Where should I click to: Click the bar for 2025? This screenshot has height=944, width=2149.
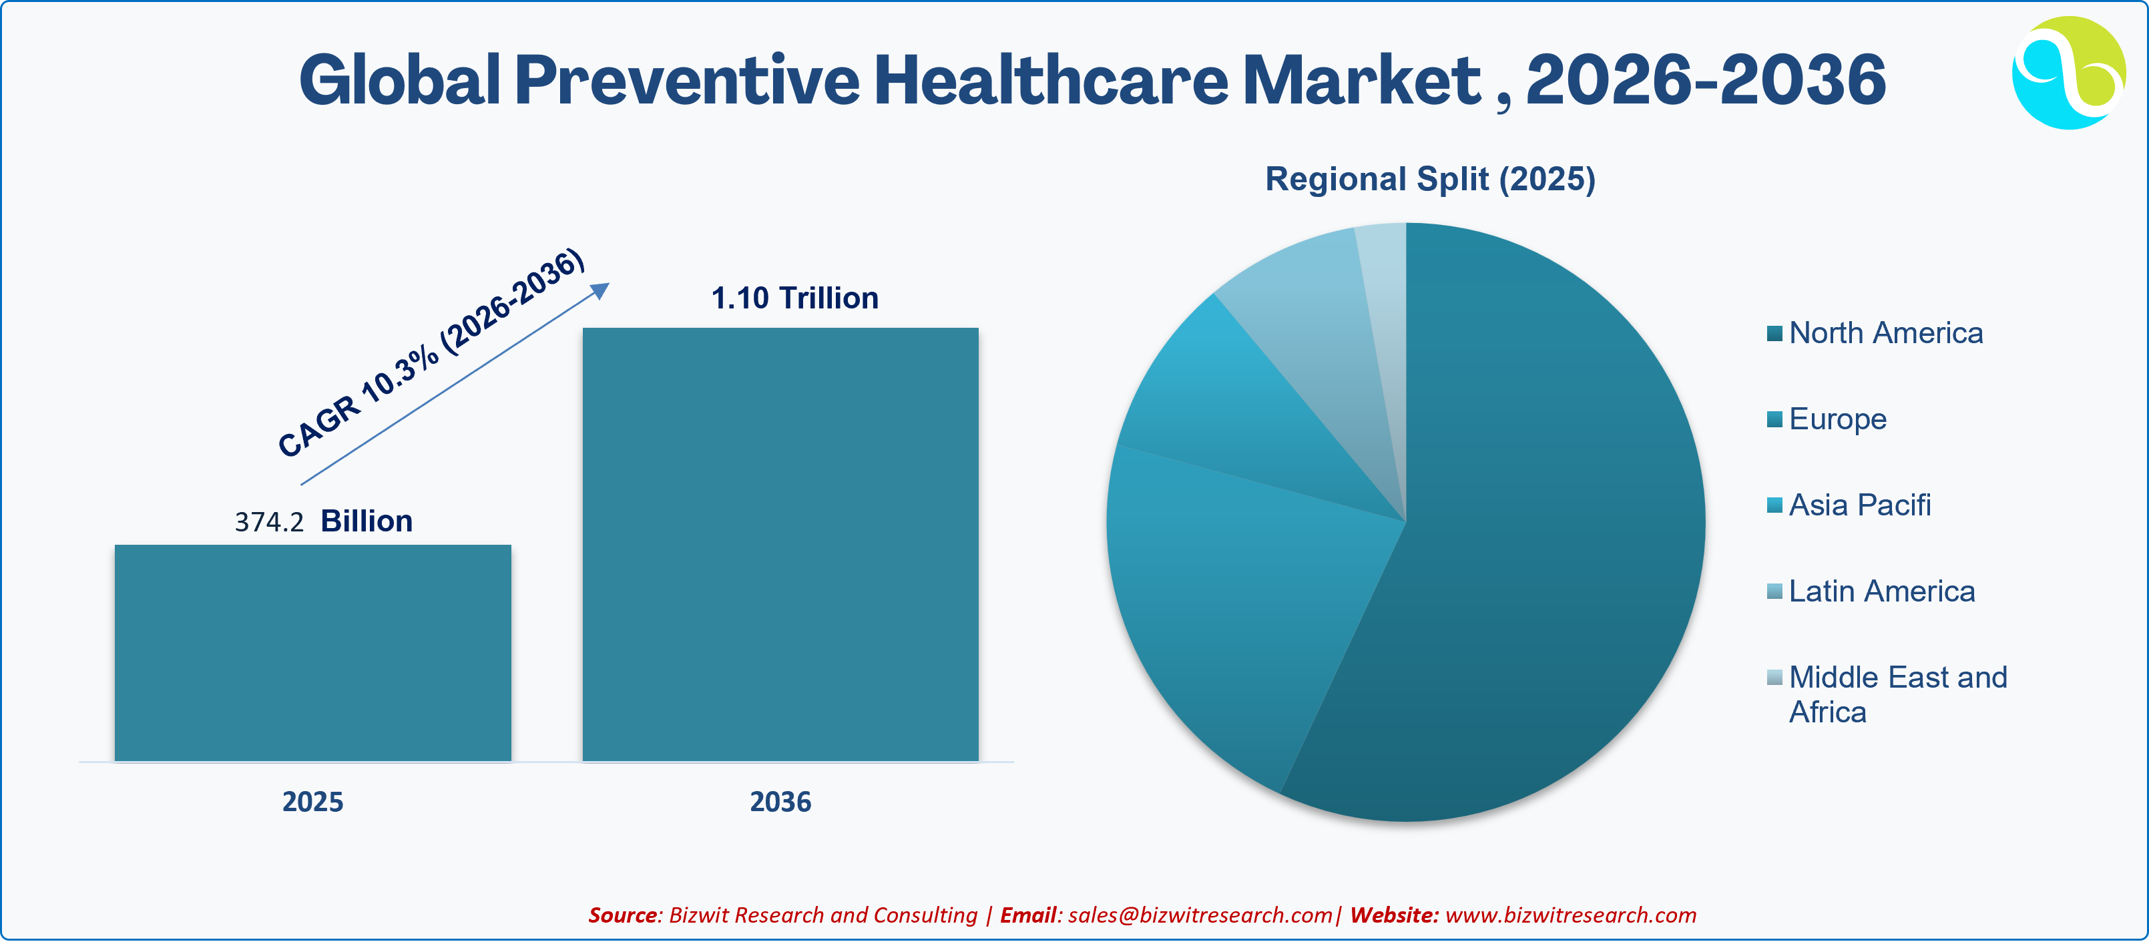click(313, 653)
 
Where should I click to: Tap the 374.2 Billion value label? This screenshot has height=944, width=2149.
click(324, 521)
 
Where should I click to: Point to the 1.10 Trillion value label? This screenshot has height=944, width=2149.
click(795, 298)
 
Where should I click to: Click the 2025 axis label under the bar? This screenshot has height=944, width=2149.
click(313, 801)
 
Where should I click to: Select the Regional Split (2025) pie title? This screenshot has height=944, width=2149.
click(1430, 180)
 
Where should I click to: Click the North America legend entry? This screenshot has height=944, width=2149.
click(1875, 332)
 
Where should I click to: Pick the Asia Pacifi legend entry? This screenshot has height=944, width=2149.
click(1849, 505)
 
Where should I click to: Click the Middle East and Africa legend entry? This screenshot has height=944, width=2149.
click(1887, 694)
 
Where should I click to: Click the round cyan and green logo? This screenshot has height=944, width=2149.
click(2069, 73)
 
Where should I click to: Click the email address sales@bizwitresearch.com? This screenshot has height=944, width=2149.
click(1200, 915)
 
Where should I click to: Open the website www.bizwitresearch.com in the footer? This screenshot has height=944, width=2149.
click(1571, 915)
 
